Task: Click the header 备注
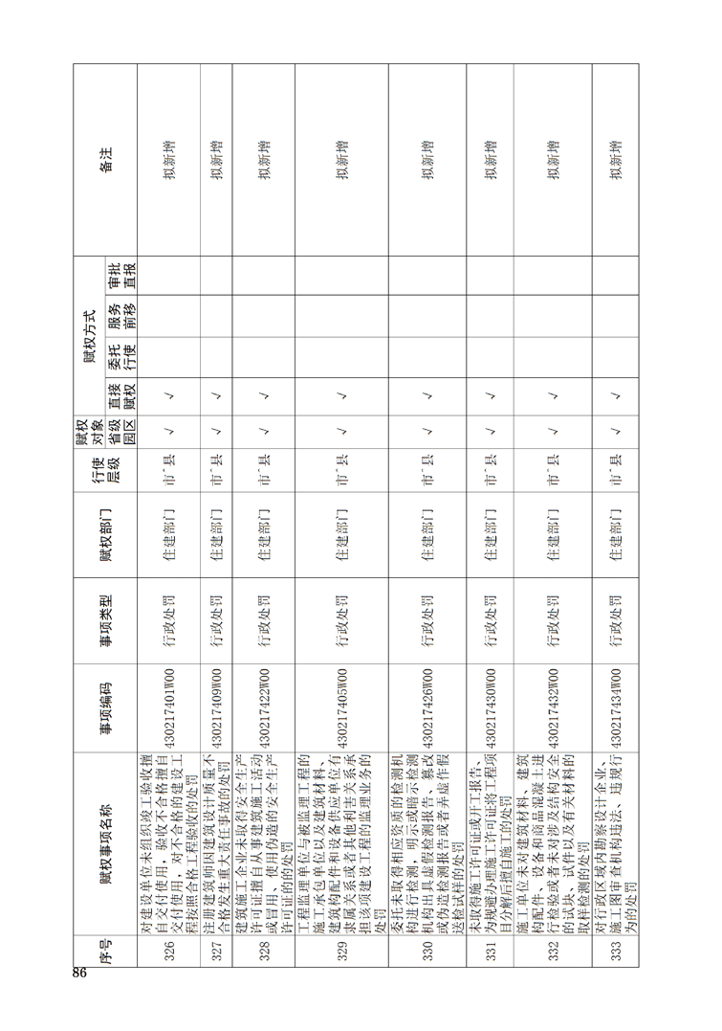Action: click(105, 159)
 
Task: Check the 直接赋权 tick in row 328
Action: click(263, 393)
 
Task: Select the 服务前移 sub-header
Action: click(120, 312)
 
